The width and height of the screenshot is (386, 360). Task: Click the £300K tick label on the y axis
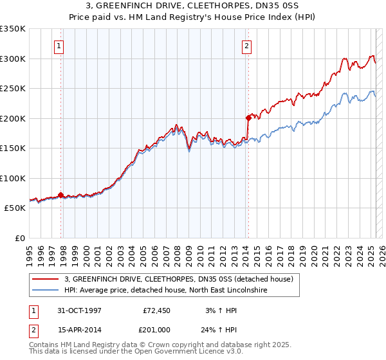(13, 59)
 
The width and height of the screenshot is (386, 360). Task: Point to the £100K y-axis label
(13, 178)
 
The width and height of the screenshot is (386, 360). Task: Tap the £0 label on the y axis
(20, 238)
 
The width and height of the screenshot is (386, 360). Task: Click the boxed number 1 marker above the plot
(59, 46)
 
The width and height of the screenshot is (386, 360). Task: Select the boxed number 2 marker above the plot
(247, 46)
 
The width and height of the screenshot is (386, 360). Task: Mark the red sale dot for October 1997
(61, 195)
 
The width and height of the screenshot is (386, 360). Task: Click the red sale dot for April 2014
(248, 118)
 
